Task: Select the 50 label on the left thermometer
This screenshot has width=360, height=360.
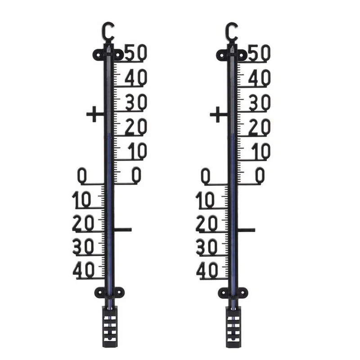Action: (136, 53)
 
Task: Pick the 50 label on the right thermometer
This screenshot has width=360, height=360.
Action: (260, 53)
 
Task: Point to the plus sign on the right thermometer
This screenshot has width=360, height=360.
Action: (218, 114)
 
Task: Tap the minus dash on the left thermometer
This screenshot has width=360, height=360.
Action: (123, 229)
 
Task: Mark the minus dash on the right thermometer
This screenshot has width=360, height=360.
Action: (247, 229)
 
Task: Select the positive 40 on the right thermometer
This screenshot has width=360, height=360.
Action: (260, 77)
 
